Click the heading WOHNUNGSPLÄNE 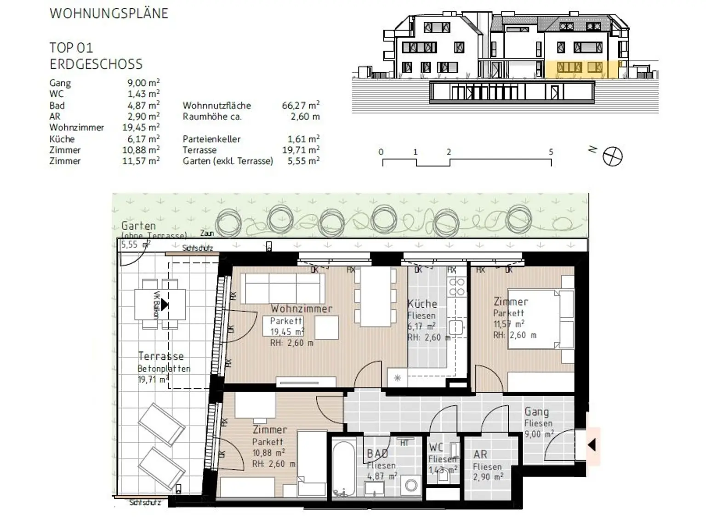(x=109, y=13)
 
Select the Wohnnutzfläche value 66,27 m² (x=301, y=105)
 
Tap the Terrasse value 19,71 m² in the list (x=301, y=150)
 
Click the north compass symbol (x=612, y=156)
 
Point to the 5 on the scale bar (x=551, y=152)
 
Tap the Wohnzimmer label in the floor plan (x=301, y=308)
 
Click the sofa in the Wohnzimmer (x=283, y=288)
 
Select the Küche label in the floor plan (x=422, y=304)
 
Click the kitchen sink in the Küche (x=456, y=327)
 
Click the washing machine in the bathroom (x=410, y=485)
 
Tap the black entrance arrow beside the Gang (x=592, y=445)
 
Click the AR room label (x=480, y=455)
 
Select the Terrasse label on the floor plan (x=161, y=356)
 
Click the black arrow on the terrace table (x=164, y=304)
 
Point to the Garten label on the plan (x=138, y=226)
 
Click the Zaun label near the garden (x=207, y=234)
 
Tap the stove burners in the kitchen (x=457, y=286)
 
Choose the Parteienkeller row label (x=211, y=139)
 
